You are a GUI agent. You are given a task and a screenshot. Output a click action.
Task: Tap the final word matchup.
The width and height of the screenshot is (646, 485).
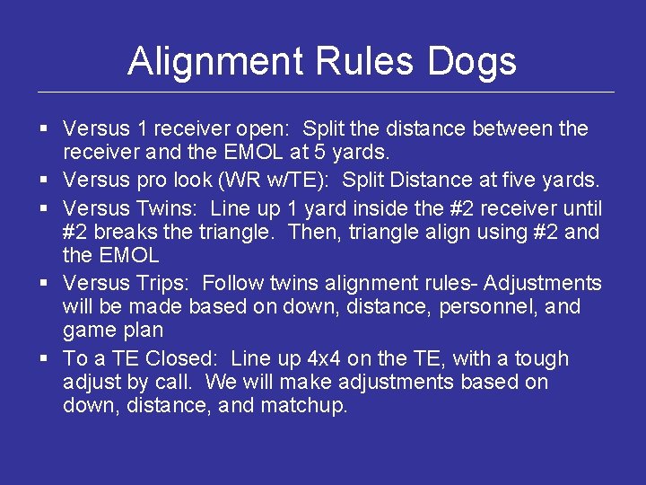coord(304,406)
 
